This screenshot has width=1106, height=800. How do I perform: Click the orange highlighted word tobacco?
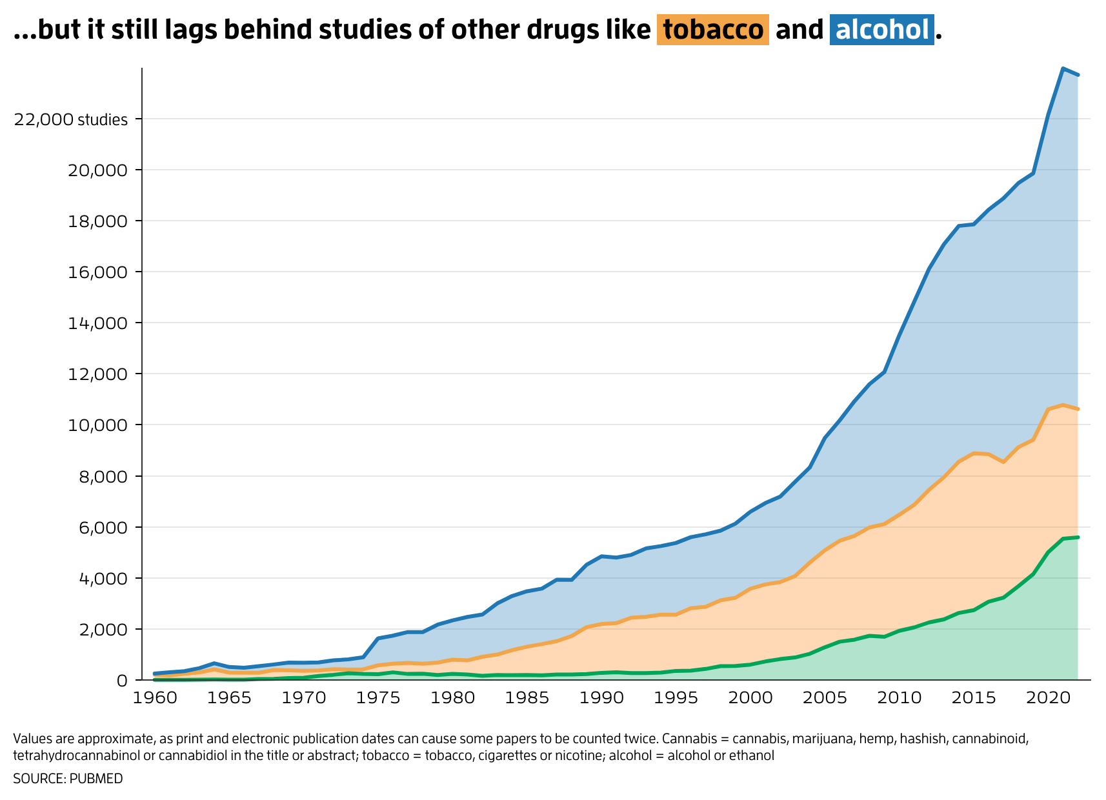click(712, 30)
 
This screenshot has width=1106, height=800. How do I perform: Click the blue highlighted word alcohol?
click(881, 30)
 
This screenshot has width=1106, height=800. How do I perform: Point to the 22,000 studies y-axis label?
click(71, 119)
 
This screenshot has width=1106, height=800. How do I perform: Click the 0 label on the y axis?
click(122, 681)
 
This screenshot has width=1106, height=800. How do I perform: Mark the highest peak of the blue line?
click(1063, 68)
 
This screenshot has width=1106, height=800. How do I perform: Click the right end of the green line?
click(1078, 537)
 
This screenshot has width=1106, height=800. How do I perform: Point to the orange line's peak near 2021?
click(1063, 405)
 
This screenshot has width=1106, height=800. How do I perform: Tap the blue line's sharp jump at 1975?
click(377, 639)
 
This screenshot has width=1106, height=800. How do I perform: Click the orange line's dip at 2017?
click(1003, 462)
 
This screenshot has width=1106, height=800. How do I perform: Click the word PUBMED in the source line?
click(96, 779)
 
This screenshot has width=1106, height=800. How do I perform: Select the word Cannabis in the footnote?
click(683, 739)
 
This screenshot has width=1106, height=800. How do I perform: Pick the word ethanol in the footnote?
click(752, 755)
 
